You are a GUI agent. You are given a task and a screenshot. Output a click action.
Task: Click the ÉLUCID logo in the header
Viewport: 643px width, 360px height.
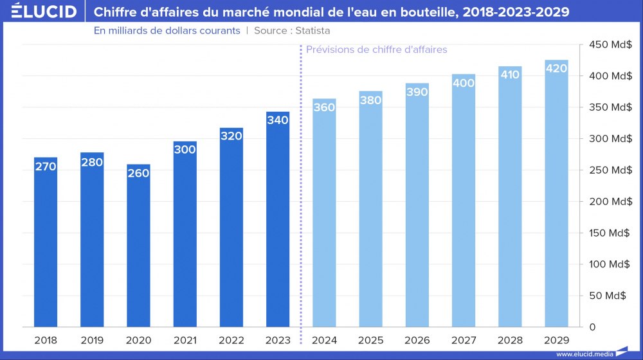pyautogui.click(x=41, y=12)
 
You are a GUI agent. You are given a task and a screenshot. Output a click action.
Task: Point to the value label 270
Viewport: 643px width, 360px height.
pyautogui.click(x=46, y=166)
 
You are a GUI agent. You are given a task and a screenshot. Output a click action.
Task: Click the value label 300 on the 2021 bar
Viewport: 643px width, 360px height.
pyautogui.click(x=185, y=149)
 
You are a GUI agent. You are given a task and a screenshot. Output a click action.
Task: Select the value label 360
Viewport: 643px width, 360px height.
pyautogui.click(x=324, y=107)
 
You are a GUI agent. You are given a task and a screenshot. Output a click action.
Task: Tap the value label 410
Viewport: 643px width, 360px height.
pyautogui.click(x=510, y=75)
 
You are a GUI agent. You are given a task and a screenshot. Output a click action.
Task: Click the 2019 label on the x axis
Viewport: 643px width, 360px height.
pyautogui.click(x=92, y=339)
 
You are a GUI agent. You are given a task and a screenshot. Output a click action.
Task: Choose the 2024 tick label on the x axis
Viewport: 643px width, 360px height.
pyautogui.click(x=324, y=339)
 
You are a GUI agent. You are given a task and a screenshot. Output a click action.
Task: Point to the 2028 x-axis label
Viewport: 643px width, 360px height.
pyautogui.click(x=510, y=339)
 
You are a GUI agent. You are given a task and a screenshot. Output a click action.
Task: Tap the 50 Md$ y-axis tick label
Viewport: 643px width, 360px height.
pyautogui.click(x=608, y=296)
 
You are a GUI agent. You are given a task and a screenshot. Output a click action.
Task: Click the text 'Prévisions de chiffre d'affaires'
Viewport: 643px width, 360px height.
pyautogui.click(x=376, y=50)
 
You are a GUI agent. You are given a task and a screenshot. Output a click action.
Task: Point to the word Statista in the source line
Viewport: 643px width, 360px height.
pyautogui.click(x=312, y=31)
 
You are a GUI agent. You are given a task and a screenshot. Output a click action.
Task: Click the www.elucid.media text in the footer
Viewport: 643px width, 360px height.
pyautogui.click(x=583, y=354)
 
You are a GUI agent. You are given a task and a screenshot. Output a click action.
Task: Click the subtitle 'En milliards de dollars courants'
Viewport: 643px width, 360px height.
pyautogui.click(x=167, y=31)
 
